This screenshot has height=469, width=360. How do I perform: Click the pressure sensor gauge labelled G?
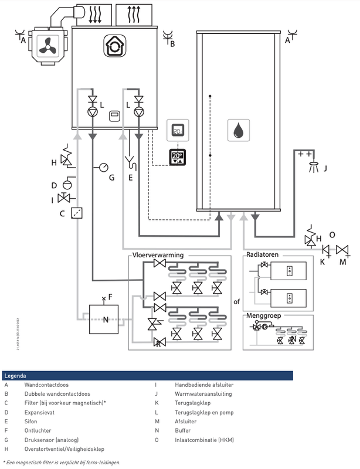click(103, 167)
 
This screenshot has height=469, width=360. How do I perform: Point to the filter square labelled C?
click(76, 213)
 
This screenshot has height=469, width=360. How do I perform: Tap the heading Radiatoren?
click(262, 256)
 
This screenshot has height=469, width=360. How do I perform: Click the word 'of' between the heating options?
click(237, 303)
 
